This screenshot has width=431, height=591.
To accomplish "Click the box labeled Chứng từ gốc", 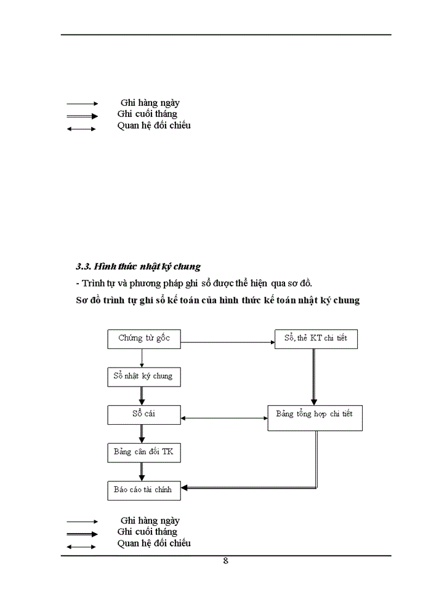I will point(144,338).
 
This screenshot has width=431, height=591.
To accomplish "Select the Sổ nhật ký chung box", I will point(144,376).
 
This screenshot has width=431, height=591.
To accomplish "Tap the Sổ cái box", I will point(144,414).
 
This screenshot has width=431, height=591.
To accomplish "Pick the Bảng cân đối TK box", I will point(144,452).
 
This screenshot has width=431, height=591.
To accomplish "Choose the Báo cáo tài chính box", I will point(144,491).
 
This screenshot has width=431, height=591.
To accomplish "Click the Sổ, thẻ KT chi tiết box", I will point(316,339).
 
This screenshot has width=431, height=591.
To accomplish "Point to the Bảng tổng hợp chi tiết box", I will point(315,417).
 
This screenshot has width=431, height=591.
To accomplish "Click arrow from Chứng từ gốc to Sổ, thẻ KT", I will point(228,341).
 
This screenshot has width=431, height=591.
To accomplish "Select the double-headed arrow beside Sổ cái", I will point(224,419).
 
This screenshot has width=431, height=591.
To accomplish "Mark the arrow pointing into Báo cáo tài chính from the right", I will point(246,488).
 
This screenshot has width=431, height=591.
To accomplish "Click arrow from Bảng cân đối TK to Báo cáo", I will point(142,472).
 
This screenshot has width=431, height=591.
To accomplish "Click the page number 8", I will point(226,561).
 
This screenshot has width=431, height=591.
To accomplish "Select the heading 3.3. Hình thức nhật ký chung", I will point(139,267).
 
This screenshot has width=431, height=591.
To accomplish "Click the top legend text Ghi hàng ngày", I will point(150,103).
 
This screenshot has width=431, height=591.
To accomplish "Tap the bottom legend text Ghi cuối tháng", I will point(147,532).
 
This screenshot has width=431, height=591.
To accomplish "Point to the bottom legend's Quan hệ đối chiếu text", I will point(154,543).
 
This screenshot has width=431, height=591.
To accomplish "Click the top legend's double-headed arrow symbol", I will point(81,129).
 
